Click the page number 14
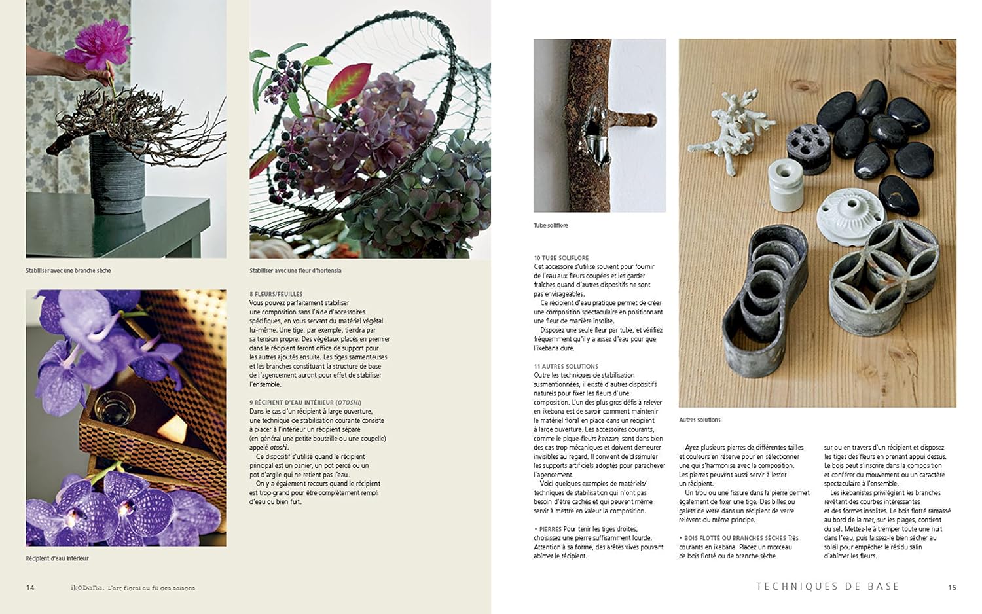[x=30, y=587]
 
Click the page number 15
[x=952, y=587]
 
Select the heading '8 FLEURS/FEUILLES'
[x=276, y=294]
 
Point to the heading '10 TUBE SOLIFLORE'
[x=561, y=258]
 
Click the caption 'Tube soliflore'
[x=551, y=225]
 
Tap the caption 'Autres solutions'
[x=699, y=420]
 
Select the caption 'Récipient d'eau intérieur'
[x=57, y=558]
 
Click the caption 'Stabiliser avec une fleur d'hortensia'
[x=295, y=270]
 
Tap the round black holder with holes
[x=809, y=147]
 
